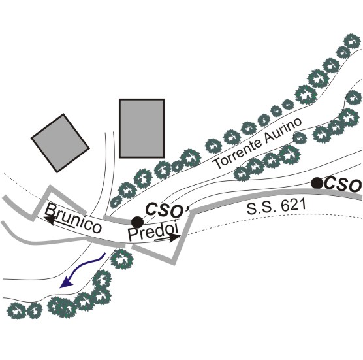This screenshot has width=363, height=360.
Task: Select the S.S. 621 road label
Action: pos(276,206)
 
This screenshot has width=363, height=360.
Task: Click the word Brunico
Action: pos(73,218)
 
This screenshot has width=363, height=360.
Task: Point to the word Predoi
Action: pos(153,231)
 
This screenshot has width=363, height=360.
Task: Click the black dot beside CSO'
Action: pos(137,222)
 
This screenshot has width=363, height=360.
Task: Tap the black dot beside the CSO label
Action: pos(317,183)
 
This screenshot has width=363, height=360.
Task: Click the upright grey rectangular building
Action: pos(142,128)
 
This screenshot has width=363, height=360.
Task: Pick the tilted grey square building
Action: pos(60,143)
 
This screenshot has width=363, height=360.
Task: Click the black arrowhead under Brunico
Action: pos(50,221)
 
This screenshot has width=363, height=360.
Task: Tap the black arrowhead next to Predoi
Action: pos(174,238)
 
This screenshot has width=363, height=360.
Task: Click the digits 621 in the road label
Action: pos(292,205)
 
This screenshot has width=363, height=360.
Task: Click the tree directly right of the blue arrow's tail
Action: pos(122,259)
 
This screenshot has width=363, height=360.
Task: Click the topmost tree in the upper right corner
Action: pos(352,41)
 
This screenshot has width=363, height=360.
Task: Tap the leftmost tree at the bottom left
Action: pos(17,311)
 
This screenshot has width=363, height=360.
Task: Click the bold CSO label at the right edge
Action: pos(343,185)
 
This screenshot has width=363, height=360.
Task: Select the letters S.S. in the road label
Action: pos(261,207)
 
